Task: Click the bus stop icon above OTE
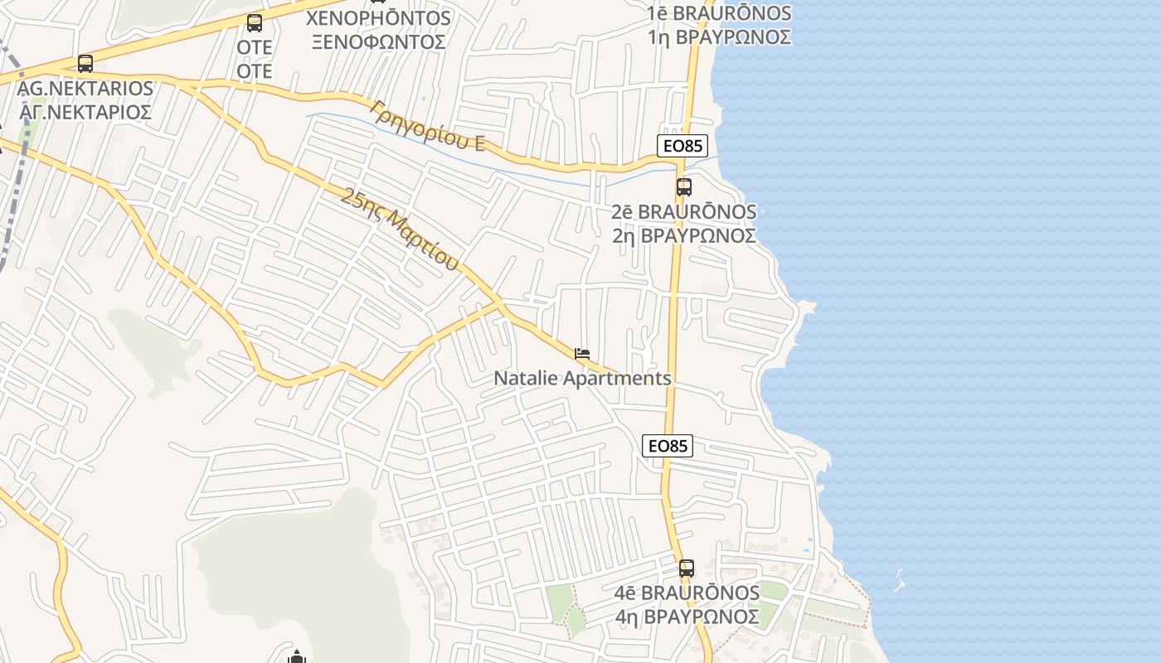(x=255, y=23)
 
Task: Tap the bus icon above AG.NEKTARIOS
(x=85, y=63)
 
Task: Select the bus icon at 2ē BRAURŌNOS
(x=683, y=187)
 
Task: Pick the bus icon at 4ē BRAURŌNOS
(x=686, y=569)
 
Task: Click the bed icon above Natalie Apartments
(x=582, y=354)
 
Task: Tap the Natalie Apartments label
(x=582, y=379)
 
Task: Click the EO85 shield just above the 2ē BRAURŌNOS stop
(x=682, y=146)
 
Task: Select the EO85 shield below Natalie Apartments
(x=667, y=446)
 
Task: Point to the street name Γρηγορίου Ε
(x=428, y=125)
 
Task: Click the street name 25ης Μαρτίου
(x=400, y=230)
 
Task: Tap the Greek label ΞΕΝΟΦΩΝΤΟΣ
(x=379, y=41)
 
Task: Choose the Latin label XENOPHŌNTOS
(x=379, y=17)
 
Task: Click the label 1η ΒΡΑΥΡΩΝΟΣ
(x=720, y=37)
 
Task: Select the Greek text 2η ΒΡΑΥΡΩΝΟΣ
(x=684, y=236)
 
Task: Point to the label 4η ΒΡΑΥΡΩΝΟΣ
(x=687, y=617)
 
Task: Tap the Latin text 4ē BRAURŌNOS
(x=687, y=593)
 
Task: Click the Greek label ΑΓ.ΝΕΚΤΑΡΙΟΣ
(x=85, y=112)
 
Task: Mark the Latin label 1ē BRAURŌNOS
(x=720, y=13)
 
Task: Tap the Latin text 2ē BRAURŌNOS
(x=684, y=212)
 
